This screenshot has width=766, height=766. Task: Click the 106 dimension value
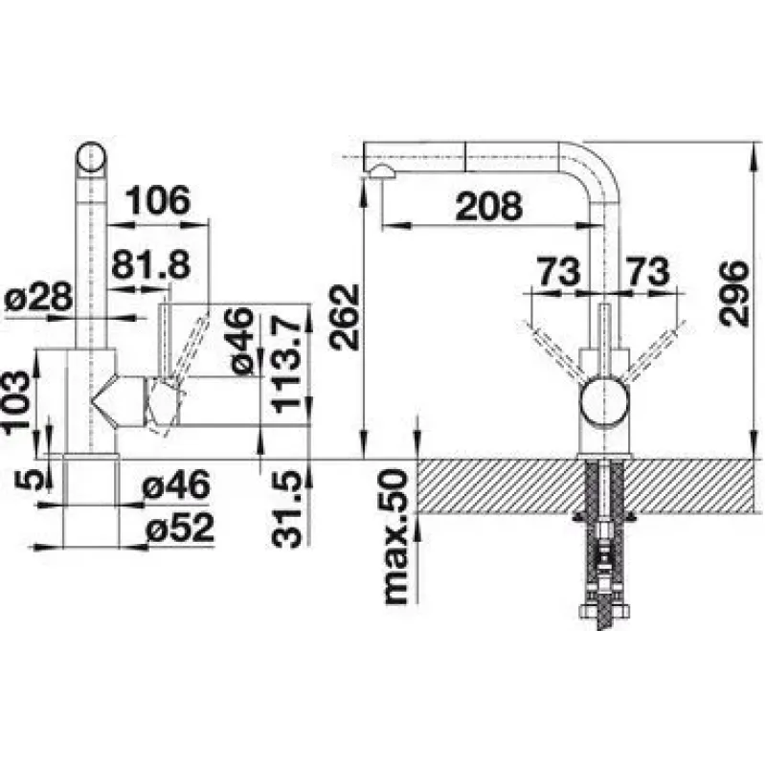tap(157, 200)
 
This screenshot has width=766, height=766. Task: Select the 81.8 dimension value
tap(150, 264)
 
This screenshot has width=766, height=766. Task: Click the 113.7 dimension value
tap(286, 365)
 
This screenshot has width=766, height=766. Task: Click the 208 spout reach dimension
tap(488, 206)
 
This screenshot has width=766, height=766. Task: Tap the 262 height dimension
tap(344, 317)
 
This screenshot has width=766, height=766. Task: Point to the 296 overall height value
tap(733, 293)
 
